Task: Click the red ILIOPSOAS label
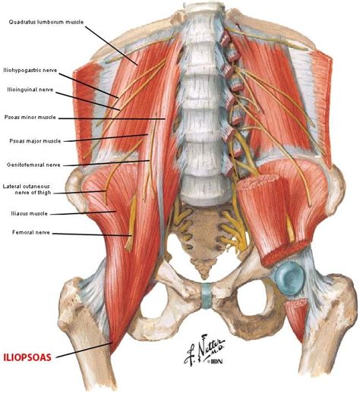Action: click(x=27, y=357)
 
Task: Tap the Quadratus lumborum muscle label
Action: click(x=46, y=22)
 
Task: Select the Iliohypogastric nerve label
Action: click(x=30, y=71)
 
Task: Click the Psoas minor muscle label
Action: click(x=30, y=118)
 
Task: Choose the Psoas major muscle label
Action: click(x=35, y=141)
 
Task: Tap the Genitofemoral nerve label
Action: click(x=33, y=165)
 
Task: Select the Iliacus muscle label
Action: click(x=29, y=213)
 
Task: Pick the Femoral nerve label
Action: click(x=31, y=232)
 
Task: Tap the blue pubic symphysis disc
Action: click(x=207, y=296)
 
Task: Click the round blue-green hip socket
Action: click(x=289, y=278)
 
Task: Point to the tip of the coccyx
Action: click(x=204, y=278)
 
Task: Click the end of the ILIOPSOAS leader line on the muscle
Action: click(x=112, y=343)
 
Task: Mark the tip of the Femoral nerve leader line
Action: click(x=132, y=236)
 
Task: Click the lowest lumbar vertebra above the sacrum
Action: click(x=203, y=188)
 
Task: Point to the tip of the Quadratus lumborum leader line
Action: click(x=138, y=65)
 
